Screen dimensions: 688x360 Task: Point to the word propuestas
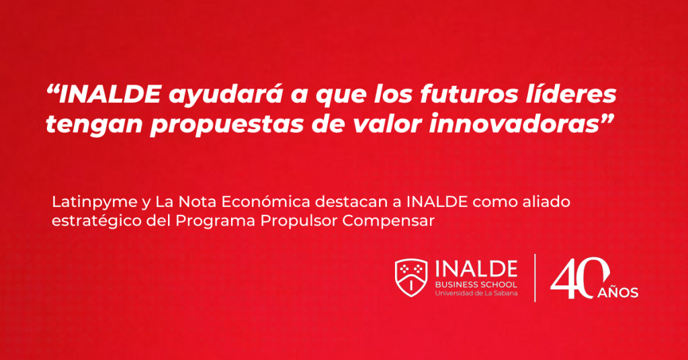coord(226,125)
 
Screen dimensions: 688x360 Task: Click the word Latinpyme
coord(94,202)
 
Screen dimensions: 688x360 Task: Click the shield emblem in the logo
coord(411,277)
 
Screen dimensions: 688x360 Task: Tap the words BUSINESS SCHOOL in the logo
coord(476,285)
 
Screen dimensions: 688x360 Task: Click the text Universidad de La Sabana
coord(476,293)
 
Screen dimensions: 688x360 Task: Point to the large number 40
coord(580,278)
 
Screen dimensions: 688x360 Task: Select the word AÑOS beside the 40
coord(618,292)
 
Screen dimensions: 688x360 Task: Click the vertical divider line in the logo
coord(535,278)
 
